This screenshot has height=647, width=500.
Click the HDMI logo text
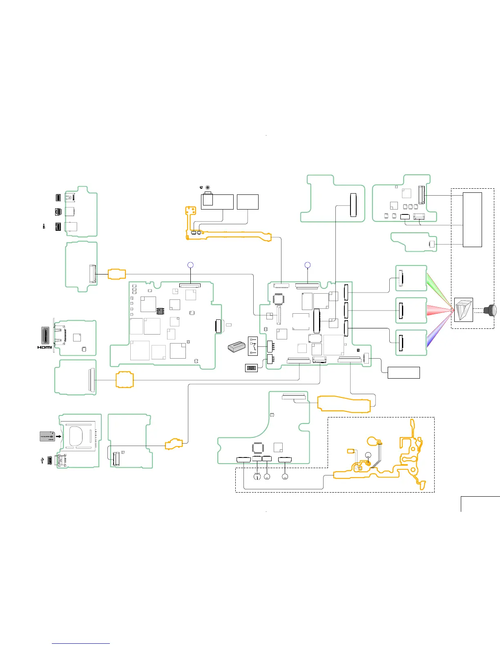point(45,347)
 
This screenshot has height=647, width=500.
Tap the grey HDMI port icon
point(45,335)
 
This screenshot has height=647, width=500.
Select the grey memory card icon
point(47,436)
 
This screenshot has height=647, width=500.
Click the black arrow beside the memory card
point(59,436)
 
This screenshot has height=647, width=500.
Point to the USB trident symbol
point(42,460)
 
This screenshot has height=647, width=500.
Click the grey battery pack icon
point(237,347)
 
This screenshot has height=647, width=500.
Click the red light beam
point(439,310)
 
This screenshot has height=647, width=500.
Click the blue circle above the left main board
point(190,265)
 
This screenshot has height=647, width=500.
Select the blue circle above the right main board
point(308,265)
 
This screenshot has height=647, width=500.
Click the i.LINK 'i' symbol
point(44,226)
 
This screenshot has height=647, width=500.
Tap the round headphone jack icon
point(208,187)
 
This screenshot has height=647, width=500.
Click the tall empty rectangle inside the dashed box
point(472,219)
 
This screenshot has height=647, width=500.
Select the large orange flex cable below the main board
point(344,404)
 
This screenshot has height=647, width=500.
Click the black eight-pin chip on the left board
point(160,311)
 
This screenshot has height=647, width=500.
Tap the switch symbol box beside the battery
point(253,346)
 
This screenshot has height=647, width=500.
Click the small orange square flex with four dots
point(191,211)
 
